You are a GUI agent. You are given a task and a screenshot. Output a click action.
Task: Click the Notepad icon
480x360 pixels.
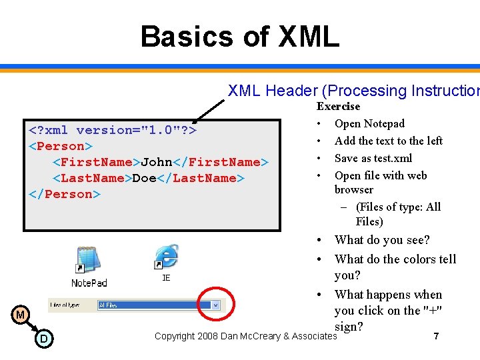87,260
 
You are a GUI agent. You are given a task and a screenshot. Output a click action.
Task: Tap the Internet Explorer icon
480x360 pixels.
166,257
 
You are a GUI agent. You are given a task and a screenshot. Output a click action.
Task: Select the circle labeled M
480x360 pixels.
21,314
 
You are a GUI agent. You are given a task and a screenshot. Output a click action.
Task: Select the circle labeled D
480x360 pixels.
43,339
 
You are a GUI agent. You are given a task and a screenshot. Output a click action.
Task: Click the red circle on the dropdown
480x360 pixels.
215,305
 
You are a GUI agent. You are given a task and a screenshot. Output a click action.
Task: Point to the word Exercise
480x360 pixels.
338,107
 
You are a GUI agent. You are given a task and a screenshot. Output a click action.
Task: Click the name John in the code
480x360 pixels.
157,162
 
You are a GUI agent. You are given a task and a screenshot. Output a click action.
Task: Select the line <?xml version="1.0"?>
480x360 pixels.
111,130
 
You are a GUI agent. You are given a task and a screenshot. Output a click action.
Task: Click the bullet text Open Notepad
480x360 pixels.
369,123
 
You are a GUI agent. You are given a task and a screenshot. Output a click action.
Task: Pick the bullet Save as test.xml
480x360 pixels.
373,158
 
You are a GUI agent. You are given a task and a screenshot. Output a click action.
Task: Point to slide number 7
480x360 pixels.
436,337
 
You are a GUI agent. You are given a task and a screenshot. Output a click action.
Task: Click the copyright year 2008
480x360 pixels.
209,336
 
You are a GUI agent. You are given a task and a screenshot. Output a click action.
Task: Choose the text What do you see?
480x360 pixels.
382,240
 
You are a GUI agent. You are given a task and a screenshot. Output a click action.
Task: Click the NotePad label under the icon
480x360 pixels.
89,283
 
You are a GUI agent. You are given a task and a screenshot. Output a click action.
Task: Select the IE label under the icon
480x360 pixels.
166,277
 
